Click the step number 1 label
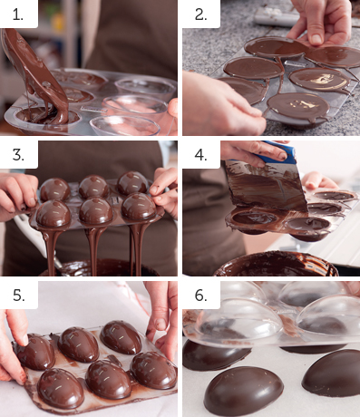(x=18, y=15)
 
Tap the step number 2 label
(x=200, y=15)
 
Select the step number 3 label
(x=18, y=155)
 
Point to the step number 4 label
(x=201, y=155)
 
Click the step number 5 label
(x=18, y=295)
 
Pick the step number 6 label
(x=201, y=295)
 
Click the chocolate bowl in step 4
(x=276, y=264)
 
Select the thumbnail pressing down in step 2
(x=316, y=39)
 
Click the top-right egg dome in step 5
(x=121, y=337)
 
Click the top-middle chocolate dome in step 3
(x=93, y=187)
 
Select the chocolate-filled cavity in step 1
(x=48, y=115)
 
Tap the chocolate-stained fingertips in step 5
(x=22, y=377)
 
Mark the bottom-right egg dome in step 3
(x=139, y=208)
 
